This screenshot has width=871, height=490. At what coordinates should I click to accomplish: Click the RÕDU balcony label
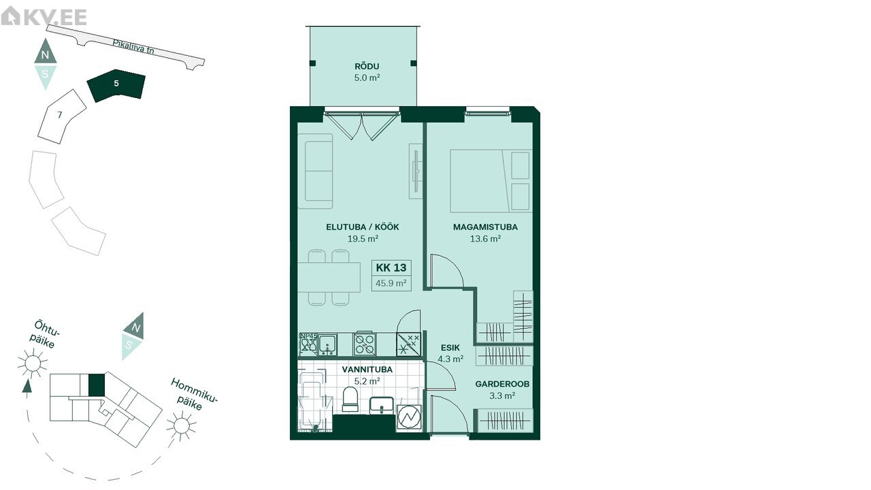click(x=367, y=67)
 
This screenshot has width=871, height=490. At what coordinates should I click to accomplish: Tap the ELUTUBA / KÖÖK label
click(x=363, y=227)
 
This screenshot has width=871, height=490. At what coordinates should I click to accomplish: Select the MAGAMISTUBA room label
click(x=485, y=227)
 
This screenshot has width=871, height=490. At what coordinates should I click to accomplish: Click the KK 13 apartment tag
click(x=391, y=267)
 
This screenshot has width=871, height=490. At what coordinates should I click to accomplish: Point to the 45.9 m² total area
click(x=391, y=283)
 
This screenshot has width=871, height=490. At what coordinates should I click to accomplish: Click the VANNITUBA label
click(x=367, y=370)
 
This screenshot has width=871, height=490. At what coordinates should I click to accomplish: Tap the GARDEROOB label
click(x=502, y=385)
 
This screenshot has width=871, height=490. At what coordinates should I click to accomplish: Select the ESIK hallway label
click(x=450, y=348)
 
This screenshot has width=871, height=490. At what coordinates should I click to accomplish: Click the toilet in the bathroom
click(x=350, y=399)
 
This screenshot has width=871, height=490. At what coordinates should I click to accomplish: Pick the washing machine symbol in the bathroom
click(x=409, y=417)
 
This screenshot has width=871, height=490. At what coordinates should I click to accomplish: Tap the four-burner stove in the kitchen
click(x=365, y=344)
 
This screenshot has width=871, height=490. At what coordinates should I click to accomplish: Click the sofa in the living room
click(x=316, y=171)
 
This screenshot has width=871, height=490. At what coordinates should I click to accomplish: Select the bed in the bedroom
click(x=491, y=181)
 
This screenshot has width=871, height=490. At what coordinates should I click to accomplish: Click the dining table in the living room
click(x=329, y=277)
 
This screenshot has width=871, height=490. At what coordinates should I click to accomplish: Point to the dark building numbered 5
click(x=116, y=86)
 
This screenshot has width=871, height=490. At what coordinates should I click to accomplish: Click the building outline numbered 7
click(x=62, y=116)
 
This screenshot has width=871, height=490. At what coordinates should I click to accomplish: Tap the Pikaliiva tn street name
click(x=133, y=47)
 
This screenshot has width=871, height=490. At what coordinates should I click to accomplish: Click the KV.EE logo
click(x=44, y=16)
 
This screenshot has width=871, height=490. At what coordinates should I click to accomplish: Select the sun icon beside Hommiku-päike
click(x=182, y=426)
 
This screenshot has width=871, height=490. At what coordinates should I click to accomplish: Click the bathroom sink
click(x=382, y=406)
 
